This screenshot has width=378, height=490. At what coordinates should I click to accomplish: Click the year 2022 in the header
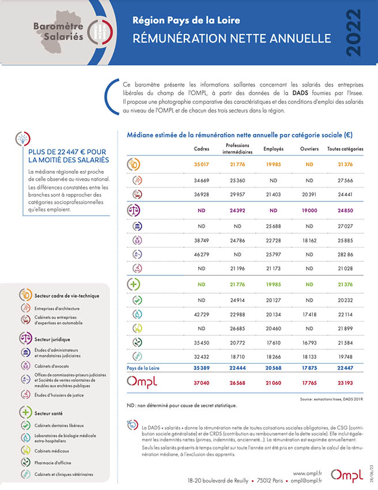pyautogui.click(x=354, y=33)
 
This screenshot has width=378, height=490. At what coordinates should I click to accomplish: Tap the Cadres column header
pyautogui.click(x=202, y=149)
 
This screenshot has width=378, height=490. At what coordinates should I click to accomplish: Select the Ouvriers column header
pyautogui.click(x=309, y=149)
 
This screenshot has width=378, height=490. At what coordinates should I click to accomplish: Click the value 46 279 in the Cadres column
pyautogui.click(x=202, y=255)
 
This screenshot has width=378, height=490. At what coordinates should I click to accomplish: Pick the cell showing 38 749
pyautogui.click(x=202, y=240)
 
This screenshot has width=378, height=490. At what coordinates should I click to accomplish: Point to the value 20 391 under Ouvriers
pyautogui.click(x=309, y=194)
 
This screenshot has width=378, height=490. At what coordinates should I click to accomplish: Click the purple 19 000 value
pyautogui.click(x=309, y=210)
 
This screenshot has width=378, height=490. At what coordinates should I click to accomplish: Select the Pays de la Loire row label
pyautogui.click(x=143, y=368)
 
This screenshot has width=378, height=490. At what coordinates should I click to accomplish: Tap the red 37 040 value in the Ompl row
pyautogui.click(x=202, y=383)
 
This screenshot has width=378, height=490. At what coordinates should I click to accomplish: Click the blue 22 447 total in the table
pyautogui.click(x=345, y=368)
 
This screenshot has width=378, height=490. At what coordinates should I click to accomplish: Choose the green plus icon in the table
pyautogui.click(x=134, y=285)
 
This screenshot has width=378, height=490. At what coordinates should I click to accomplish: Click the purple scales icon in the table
pyautogui.click(x=134, y=210)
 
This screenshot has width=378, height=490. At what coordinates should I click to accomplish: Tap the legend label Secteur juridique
pyautogui.click(x=52, y=339)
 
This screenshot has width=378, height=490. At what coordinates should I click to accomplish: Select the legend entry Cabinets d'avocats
pyautogui.click(x=51, y=366)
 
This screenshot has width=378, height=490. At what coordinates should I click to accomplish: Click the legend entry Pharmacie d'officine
pyautogui.click(x=52, y=463)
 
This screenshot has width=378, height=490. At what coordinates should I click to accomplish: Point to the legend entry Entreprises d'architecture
pyautogui.click(x=57, y=308)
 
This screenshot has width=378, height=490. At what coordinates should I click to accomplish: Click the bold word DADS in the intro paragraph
pyautogui.click(x=300, y=93)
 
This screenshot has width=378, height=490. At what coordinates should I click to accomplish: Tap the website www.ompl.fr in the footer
pyautogui.click(x=307, y=474)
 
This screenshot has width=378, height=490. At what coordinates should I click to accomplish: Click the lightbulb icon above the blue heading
pyautogui.click(x=23, y=139)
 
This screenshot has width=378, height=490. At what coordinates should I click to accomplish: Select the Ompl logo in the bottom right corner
pyautogui.click(x=347, y=476)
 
